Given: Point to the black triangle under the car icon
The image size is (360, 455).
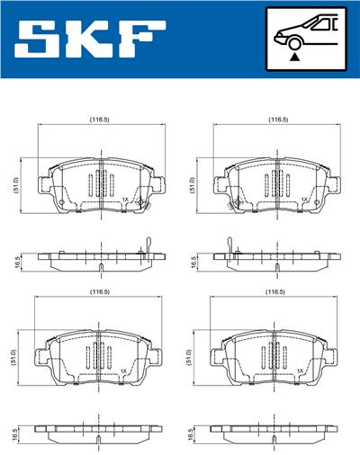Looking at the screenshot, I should click(294, 57).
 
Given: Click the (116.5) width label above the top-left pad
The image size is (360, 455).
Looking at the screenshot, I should click(100, 120).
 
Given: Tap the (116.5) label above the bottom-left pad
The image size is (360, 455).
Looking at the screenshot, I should click(100, 292).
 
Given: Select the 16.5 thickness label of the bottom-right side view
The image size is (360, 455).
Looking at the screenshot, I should click(192, 435).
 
